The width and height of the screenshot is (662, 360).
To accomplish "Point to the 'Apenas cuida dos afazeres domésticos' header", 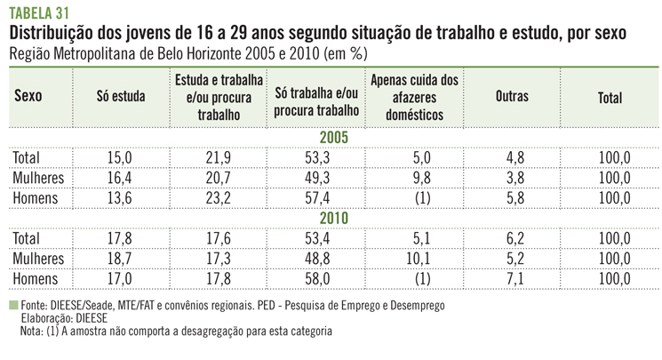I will (x=413, y=97).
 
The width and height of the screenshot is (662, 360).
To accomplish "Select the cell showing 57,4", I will (x=316, y=196).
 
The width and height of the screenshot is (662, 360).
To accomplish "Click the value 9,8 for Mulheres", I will (x=412, y=178).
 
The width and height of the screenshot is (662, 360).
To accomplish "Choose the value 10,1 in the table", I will (x=412, y=257).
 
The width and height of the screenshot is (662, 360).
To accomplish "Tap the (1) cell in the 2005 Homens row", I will (x=412, y=196).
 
